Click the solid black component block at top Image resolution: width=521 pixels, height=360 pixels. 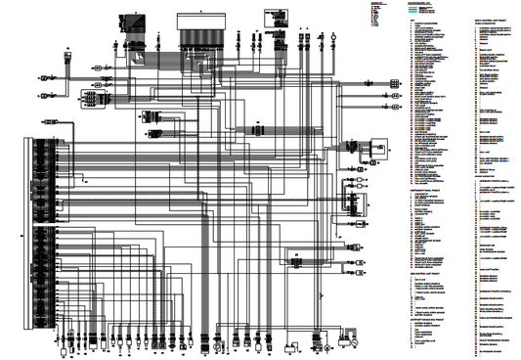point(127,19)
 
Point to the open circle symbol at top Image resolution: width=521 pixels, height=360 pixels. point(334,36)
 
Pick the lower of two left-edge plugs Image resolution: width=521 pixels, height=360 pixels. point(46,95)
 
